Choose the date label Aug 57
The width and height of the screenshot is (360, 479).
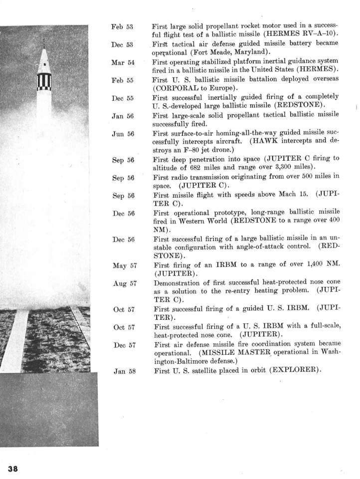pyautogui.click(x=120, y=283)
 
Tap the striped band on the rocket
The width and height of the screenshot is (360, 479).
pyautogui.click(x=44, y=81)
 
